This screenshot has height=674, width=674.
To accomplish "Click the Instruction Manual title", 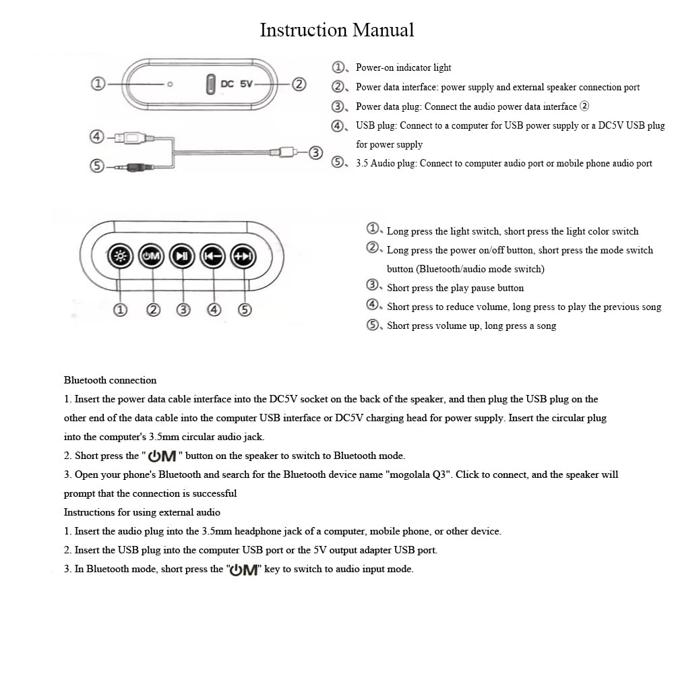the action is point(337,30).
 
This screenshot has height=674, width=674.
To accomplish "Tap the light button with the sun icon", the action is point(121,256).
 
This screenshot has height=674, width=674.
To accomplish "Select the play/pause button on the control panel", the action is point(182,256).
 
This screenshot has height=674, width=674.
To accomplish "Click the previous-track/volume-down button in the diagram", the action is point(213,256).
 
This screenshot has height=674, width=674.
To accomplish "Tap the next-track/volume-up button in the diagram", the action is point(243,256).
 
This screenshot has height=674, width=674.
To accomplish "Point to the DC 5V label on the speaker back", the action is point(237,84).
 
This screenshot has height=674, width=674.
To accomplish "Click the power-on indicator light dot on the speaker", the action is point(170,84).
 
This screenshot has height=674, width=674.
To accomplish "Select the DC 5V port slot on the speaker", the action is point(210,84).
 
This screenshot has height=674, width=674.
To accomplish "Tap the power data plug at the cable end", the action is point(283,152).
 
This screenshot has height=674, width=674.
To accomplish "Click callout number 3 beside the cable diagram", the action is point(316,152).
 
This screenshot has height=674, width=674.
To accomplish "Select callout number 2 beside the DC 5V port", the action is point(299,84).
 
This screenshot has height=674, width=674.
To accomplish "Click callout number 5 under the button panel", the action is point(245,310).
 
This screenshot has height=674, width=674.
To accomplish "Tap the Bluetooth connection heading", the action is point(110,380).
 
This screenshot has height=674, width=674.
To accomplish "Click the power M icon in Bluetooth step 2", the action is point(162,456).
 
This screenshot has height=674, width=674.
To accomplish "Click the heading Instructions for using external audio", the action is point(142,512).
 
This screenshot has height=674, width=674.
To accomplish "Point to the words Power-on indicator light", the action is point(403,67).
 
